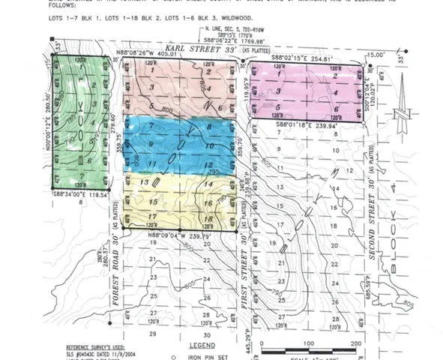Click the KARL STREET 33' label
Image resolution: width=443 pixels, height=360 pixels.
tap(203, 49)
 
